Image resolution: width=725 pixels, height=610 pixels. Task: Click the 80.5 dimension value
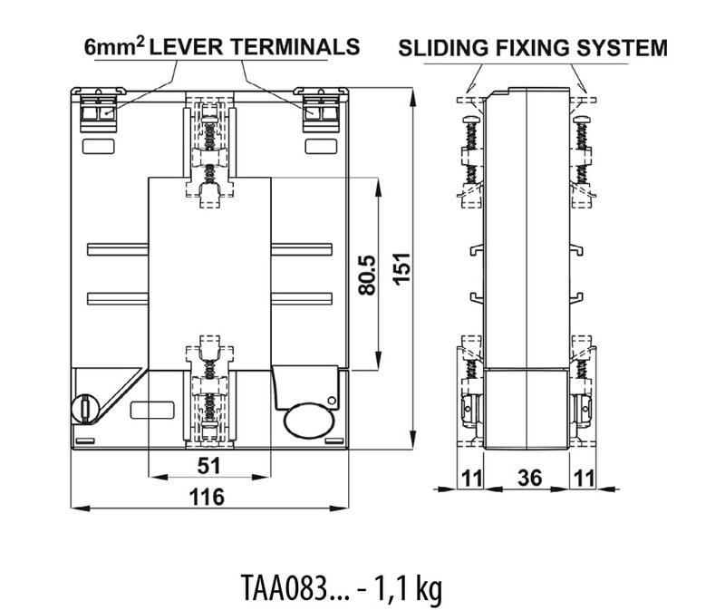[367, 275]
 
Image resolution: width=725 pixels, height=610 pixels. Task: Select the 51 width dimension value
[208, 465]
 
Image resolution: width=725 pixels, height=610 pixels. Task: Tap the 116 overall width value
[208, 497]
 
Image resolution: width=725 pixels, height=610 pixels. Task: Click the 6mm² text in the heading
[112, 46]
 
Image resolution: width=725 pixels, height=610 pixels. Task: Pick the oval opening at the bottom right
[307, 421]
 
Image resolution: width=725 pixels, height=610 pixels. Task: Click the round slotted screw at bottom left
[83, 407]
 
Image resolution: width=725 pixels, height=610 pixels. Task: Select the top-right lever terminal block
[319, 106]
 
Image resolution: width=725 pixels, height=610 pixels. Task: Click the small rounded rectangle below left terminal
[98, 146]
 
